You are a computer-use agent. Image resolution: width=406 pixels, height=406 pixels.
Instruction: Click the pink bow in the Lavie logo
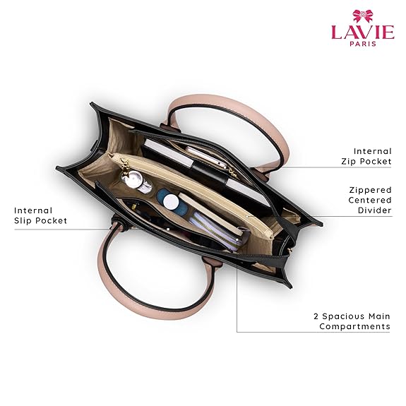pyautogui.click(x=363, y=16)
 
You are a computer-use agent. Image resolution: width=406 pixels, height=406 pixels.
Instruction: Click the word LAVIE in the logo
pyautogui.click(x=363, y=32)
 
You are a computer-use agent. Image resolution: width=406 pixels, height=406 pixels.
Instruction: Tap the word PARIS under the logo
pyautogui.click(x=363, y=44)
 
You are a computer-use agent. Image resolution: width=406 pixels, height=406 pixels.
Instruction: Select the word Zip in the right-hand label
pyautogui.click(x=347, y=162)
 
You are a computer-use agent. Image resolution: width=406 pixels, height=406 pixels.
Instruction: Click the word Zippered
pyautogui.click(x=370, y=191)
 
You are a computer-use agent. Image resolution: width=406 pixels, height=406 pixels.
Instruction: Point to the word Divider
pyautogui.click(x=375, y=210)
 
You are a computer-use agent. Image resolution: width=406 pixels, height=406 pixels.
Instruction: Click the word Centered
pyautogui.click(x=370, y=200)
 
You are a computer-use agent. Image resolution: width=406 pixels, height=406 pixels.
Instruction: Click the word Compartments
pyautogui.click(x=354, y=326)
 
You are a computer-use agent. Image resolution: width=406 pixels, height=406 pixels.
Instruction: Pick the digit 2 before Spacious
pyautogui.click(x=316, y=316)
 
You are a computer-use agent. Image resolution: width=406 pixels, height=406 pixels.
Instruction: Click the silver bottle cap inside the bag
pyautogui.click(x=132, y=179)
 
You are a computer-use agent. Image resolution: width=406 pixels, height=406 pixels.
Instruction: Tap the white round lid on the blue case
pyautogui.click(x=171, y=201)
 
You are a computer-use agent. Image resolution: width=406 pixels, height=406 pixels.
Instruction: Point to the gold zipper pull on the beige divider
pyautogui.click(x=126, y=164)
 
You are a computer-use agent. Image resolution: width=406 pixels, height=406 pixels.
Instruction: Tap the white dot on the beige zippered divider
pyautogui.click(x=247, y=216)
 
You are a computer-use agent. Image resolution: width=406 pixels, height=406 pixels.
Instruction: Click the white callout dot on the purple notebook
pyautogui.click(x=237, y=240)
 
